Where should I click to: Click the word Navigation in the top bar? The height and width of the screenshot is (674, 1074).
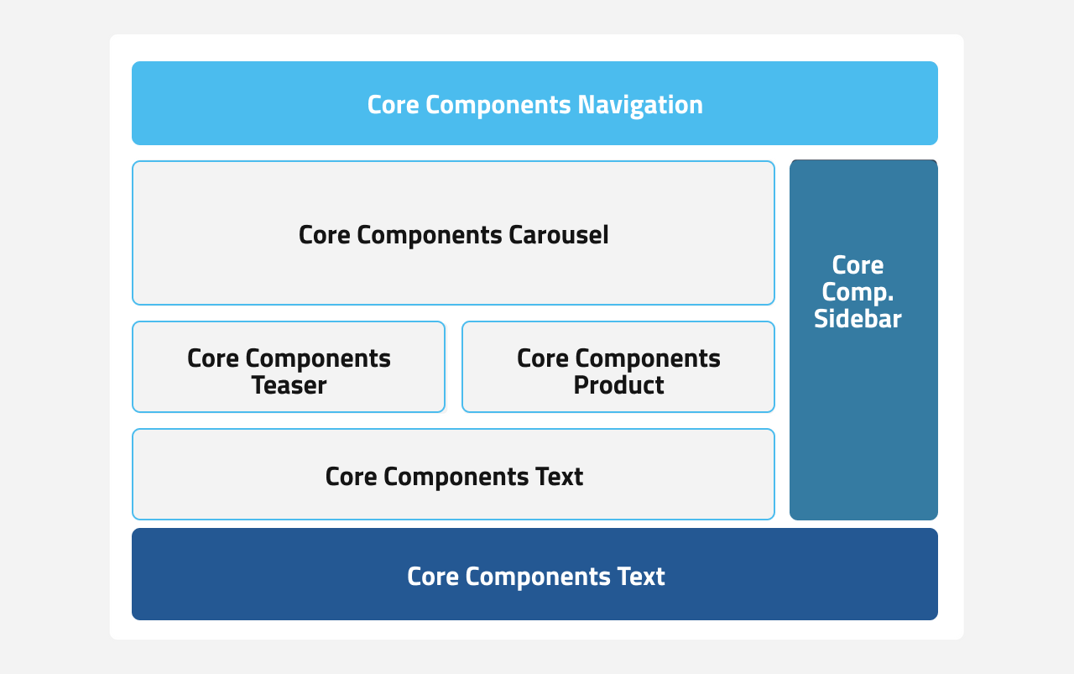click(x=640, y=105)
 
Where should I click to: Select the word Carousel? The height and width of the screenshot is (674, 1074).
click(x=558, y=235)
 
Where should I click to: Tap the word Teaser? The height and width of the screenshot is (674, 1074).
click(x=289, y=385)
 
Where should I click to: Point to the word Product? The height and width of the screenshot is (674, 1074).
click(x=618, y=385)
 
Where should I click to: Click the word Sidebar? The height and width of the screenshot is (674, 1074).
click(x=858, y=319)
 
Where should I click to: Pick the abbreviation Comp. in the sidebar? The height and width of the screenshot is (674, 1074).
click(x=858, y=292)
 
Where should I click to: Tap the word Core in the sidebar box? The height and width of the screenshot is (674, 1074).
click(x=858, y=265)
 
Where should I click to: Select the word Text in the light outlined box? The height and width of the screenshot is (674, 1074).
click(x=559, y=477)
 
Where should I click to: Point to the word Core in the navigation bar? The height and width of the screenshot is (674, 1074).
click(x=393, y=105)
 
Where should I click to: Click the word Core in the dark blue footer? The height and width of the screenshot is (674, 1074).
click(x=432, y=577)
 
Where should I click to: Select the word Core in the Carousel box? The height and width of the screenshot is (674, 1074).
click(x=324, y=235)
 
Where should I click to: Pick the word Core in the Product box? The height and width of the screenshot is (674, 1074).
click(x=542, y=358)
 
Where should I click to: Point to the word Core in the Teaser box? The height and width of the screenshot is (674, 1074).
click(x=212, y=358)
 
